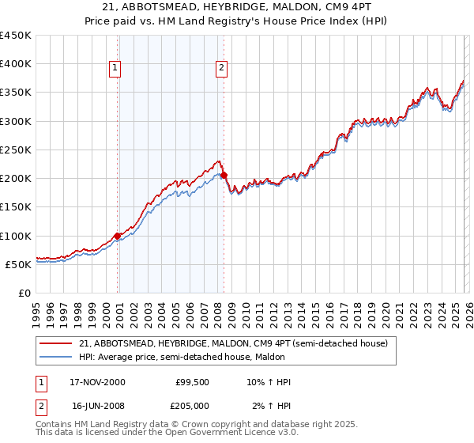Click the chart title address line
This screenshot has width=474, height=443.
[x=237, y=7]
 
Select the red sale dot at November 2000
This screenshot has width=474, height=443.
[x=118, y=236]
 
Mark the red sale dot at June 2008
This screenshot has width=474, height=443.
[x=224, y=175]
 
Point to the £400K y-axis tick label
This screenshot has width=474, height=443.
[x=16, y=64]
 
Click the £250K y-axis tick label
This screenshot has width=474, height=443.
[x=16, y=150]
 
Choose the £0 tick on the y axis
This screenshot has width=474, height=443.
[x=24, y=293]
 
